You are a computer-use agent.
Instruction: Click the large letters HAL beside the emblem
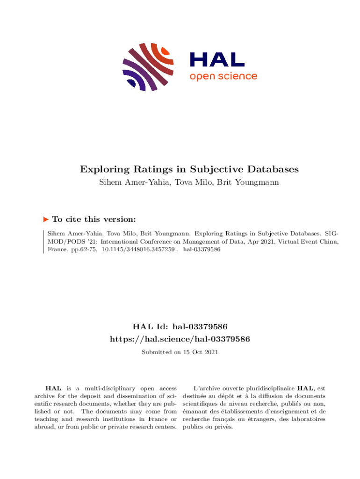tap(216, 59)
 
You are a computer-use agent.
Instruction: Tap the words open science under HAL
tap(223, 76)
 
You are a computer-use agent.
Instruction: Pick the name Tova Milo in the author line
tap(200, 182)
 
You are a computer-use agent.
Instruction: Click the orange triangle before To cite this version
tap(45, 219)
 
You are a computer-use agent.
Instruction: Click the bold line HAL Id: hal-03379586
tap(180, 326)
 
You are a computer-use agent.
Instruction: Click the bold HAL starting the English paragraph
tap(52, 388)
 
